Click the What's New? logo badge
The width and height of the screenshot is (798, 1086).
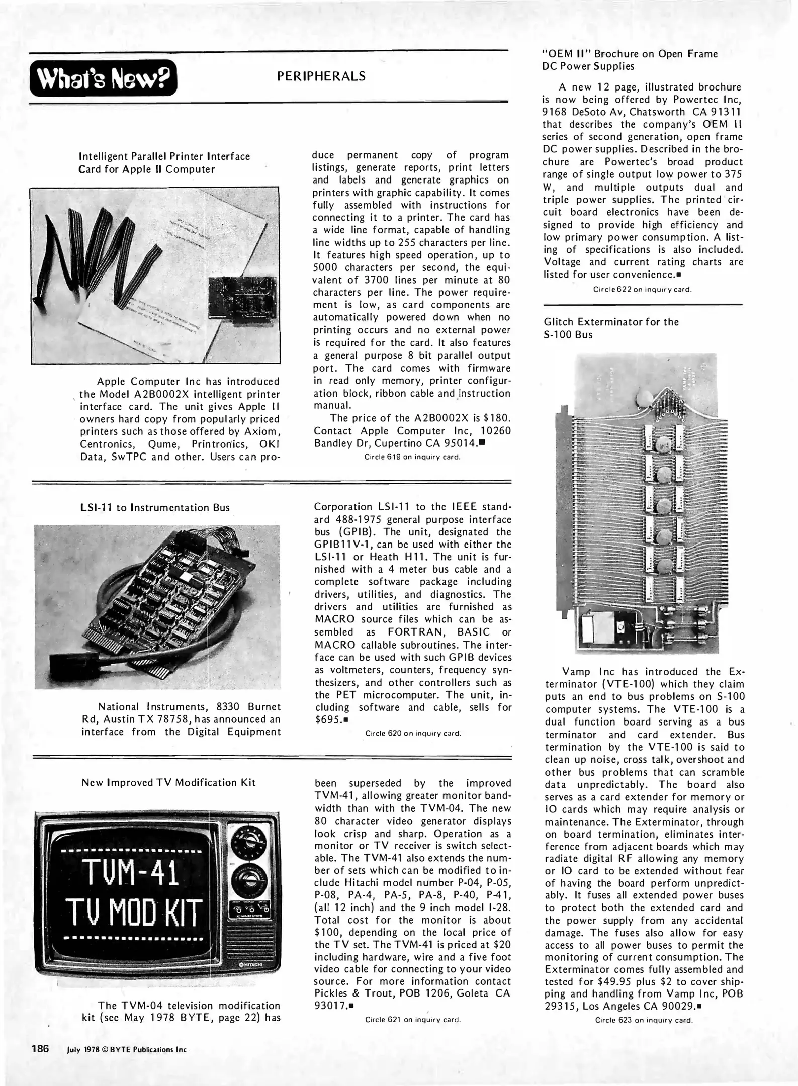coord(103,77)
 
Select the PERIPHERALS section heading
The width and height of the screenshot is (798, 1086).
coord(321,76)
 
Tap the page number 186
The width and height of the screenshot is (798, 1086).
coord(40,1048)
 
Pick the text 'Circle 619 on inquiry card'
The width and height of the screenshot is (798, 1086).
coord(412,457)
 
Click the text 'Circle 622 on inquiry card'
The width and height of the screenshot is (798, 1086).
coord(642,290)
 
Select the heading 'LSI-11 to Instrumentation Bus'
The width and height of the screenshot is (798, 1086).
coord(155,508)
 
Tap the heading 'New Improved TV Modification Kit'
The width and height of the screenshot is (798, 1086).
coord(168,783)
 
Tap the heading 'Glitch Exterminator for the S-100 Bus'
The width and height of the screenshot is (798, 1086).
coord(611,328)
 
